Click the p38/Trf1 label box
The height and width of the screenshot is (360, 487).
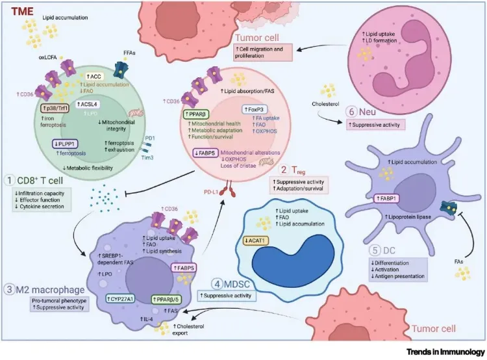(x=56, y=109)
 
